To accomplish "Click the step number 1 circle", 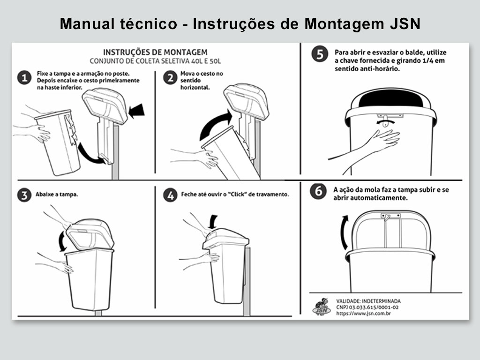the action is (24, 78).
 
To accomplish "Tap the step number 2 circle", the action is (170, 78).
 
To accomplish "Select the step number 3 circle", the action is (24, 195).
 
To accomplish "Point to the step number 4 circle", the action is (170, 195).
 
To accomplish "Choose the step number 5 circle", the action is (320, 54).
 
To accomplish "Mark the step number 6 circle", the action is (318, 191).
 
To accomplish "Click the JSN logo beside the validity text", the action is (322, 307).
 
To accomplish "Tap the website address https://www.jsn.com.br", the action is (363, 314).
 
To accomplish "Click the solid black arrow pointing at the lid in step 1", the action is (136, 111).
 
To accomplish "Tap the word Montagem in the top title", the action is (344, 24).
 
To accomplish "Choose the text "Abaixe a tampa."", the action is (57, 195).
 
